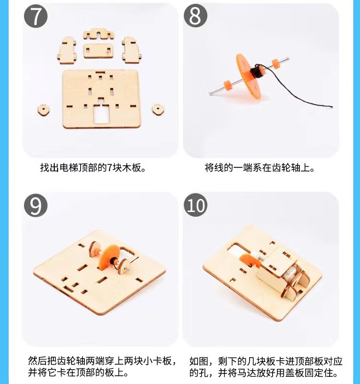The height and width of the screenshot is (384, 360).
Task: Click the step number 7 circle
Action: tap(36, 16)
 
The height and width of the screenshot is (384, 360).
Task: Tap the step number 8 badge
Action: tap(195, 15)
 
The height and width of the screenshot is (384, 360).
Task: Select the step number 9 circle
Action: tap(36, 205)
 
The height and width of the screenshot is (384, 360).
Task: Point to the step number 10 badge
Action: tap(195, 205)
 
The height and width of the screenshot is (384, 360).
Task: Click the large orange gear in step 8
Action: tap(248, 76)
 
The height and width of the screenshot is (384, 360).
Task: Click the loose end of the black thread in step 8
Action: tap(331, 106)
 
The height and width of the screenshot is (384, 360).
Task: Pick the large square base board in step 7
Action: tap(101, 99)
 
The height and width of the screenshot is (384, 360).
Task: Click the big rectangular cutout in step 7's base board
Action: tap(101, 113)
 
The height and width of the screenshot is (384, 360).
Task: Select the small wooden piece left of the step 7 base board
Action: tap(44, 110)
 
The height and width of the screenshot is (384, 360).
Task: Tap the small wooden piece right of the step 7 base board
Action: tap(158, 109)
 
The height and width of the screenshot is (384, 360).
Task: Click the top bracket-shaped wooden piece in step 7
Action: tap(98, 34)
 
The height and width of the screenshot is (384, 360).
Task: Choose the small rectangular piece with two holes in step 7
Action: tap(98, 51)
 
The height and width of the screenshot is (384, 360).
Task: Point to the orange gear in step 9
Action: tap(108, 257)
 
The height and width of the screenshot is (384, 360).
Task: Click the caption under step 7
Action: tap(93, 168)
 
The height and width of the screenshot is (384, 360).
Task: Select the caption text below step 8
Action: tap(260, 168)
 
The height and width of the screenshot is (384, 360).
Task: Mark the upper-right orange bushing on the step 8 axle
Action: tap(276, 63)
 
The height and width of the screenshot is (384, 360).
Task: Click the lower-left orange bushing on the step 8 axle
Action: tap(228, 85)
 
